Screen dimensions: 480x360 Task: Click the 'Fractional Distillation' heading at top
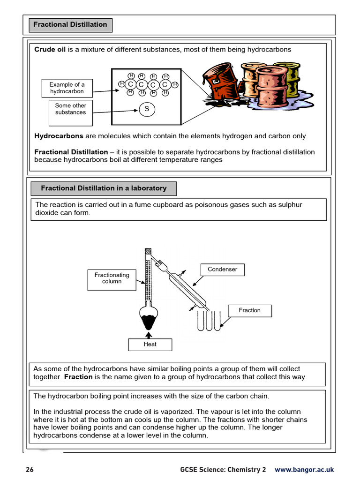pyautogui.click(x=70, y=25)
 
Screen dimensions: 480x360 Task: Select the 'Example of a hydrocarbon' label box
pyautogui.click(x=67, y=88)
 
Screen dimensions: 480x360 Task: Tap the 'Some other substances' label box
pyautogui.click(x=70, y=109)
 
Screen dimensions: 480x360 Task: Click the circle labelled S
pyautogui.click(x=146, y=109)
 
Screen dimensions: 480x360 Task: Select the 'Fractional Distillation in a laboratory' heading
pyautogui.click(x=104, y=188)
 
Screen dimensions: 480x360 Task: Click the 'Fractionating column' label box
pyautogui.click(x=112, y=278)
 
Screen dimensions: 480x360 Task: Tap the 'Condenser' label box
pyautogui.click(x=223, y=270)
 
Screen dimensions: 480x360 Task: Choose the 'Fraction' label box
pyautogui.click(x=249, y=310)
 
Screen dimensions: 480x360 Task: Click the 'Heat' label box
pyautogui.click(x=150, y=345)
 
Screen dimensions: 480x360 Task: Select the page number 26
pyautogui.click(x=30, y=470)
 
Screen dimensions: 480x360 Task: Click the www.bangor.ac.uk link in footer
pyautogui.click(x=304, y=470)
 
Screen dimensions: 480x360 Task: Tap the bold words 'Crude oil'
pyautogui.click(x=50, y=50)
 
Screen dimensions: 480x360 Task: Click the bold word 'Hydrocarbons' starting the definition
pyautogui.click(x=59, y=136)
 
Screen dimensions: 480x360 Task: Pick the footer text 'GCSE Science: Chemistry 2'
pyautogui.click(x=223, y=470)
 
